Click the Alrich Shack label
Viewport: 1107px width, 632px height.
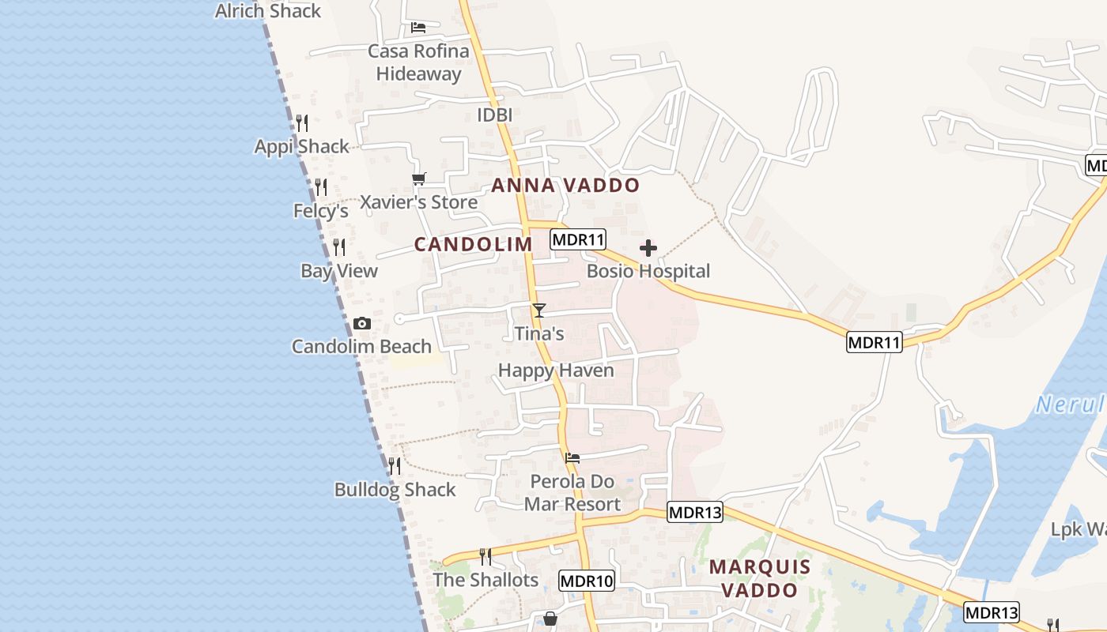pos(267,11)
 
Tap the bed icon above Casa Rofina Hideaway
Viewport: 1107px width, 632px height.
pos(418,28)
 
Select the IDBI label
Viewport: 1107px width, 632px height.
pos(495,115)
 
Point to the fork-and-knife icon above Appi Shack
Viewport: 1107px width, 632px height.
pos(302,123)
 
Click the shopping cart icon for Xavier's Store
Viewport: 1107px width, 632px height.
pos(418,179)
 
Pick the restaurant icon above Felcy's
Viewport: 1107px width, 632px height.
pos(321,187)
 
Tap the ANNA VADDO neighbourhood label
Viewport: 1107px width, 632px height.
pos(565,186)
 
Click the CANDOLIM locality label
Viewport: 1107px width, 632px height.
pos(474,245)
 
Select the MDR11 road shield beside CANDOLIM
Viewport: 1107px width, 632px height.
pos(578,240)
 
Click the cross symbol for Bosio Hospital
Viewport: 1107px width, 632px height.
pos(648,248)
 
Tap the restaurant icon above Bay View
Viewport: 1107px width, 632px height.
pos(339,247)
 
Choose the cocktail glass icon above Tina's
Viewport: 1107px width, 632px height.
pos(539,310)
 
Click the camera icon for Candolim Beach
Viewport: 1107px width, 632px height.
pos(362,323)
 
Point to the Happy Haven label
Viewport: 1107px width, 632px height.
pos(556,371)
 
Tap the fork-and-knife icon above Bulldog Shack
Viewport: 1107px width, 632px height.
pos(395,466)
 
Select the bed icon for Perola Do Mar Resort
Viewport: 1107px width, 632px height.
pos(572,457)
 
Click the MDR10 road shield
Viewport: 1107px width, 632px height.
pos(586,581)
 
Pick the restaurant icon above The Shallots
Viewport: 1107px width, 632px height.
pos(485,557)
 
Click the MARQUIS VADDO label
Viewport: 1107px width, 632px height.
pos(760,578)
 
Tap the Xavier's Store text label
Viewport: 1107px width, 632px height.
pos(418,202)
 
